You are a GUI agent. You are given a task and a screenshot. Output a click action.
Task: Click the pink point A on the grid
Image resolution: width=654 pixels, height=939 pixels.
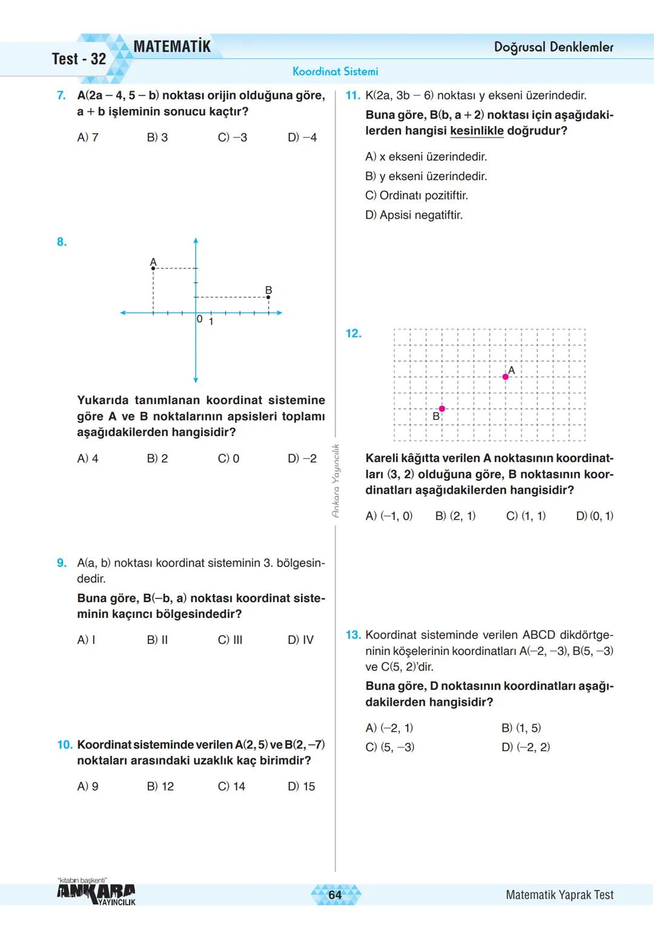pos(506,377)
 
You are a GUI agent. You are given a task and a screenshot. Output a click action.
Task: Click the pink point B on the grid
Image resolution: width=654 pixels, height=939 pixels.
pos(442,409)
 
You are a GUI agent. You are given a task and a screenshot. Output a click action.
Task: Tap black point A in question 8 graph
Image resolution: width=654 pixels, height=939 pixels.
pos(153,268)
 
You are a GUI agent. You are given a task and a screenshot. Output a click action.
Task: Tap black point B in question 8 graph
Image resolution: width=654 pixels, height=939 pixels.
pos(269,297)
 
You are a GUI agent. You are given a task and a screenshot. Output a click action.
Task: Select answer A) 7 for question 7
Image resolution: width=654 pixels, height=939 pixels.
pos(88,138)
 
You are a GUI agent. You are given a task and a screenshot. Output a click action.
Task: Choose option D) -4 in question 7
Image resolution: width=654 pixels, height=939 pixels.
pos(302,138)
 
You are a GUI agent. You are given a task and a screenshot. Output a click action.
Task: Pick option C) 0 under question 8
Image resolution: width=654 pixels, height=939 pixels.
pos(228,459)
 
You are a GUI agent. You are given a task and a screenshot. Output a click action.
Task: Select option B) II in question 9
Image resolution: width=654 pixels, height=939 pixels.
pos(157,640)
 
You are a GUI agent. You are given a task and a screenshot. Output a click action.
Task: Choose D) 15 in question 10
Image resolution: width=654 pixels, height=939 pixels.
pos(302,786)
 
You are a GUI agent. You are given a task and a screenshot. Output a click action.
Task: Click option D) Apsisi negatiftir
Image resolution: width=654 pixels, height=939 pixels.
pos(414,215)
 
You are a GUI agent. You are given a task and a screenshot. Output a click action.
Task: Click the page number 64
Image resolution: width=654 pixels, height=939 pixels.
pos(335,895)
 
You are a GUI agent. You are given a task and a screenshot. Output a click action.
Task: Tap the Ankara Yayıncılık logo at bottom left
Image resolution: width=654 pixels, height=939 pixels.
pos(96,893)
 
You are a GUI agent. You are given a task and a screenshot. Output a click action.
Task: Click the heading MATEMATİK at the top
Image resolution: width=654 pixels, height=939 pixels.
pos(172,47)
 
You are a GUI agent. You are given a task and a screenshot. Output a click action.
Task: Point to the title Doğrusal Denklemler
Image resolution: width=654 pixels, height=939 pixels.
pos(553,47)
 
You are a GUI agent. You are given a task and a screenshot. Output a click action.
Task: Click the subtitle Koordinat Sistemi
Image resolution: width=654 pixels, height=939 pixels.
pos(335,71)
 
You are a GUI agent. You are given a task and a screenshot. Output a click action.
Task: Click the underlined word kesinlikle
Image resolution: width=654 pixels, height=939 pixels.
pos(477,131)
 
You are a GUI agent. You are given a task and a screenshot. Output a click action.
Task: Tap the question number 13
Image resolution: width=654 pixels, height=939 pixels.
pos(353,635)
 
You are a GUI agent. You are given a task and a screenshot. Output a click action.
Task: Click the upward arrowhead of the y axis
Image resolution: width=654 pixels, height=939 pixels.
pos(196,241)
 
